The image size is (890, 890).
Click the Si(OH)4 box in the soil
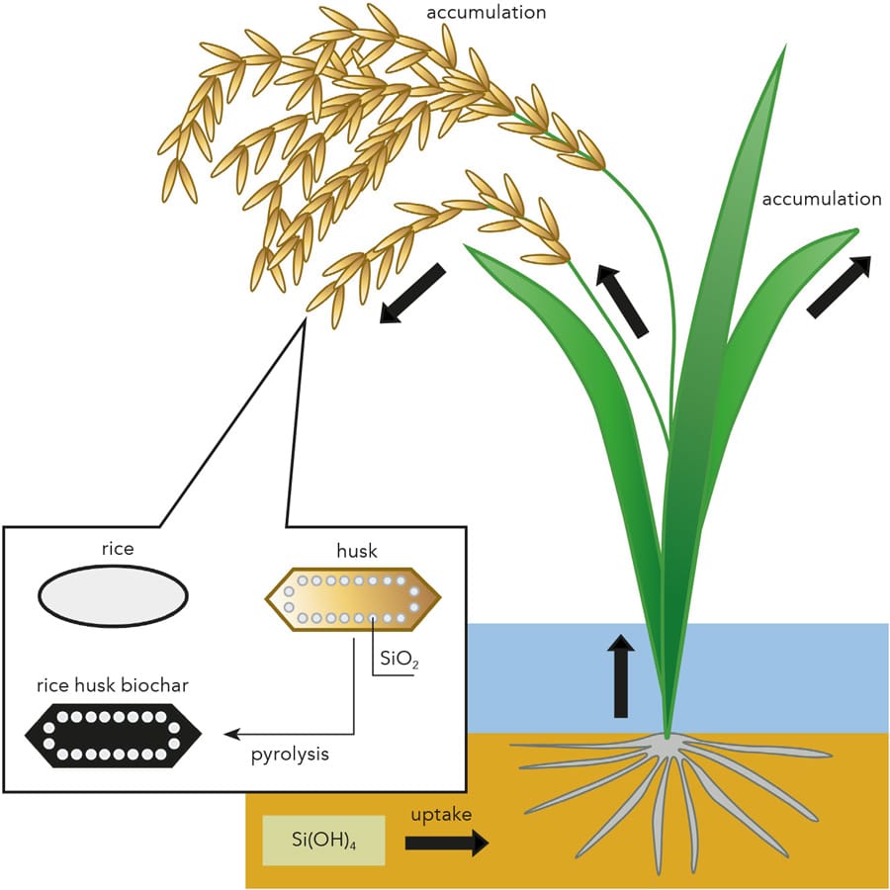click(323, 841)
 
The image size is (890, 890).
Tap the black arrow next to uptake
click(447, 844)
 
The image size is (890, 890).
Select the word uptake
click(441, 815)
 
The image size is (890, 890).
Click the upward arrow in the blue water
click(621, 676)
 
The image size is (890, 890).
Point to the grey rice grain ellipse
click(113, 596)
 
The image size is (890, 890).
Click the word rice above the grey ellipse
click(117, 547)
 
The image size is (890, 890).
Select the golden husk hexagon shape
click(352, 598)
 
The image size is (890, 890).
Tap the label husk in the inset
click(352, 547)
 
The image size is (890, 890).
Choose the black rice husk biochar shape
click(113, 734)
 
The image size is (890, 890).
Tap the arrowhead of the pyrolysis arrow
click(230, 735)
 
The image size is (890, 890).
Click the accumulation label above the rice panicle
click(486, 13)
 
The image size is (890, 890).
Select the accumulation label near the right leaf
click(821, 199)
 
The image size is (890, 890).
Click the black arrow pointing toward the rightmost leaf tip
click(839, 287)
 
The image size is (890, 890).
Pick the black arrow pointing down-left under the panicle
click(412, 294)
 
